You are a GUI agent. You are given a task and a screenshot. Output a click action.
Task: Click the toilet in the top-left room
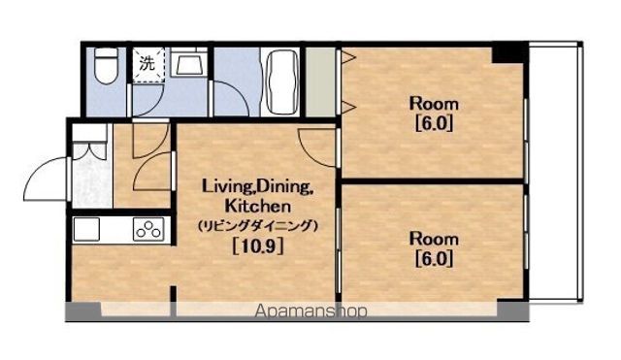point(106,65)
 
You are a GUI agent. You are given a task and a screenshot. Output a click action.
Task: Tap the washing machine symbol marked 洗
point(148,65)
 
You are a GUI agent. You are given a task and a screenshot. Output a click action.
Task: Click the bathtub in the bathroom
point(282,82)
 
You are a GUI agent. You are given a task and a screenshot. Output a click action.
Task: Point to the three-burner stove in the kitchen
point(148,229)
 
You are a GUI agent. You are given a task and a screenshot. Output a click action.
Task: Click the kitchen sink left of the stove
point(86,229)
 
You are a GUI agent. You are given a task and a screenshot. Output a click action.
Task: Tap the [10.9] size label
point(258,246)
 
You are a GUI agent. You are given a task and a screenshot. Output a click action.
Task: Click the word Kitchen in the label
point(258,206)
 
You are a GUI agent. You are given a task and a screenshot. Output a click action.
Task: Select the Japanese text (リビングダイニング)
point(258,226)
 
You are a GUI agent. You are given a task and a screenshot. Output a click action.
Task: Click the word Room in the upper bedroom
point(434,104)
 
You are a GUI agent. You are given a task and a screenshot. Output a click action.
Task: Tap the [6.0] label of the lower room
point(434,259)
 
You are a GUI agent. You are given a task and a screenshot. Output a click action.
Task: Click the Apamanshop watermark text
point(310,311)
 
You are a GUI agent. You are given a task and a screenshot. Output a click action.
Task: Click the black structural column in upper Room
point(510,54)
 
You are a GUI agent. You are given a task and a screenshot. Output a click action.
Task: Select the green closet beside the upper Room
point(320,82)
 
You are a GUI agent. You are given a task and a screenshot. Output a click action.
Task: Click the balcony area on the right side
point(555,172)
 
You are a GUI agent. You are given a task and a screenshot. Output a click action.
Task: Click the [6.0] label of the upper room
point(434,124)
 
